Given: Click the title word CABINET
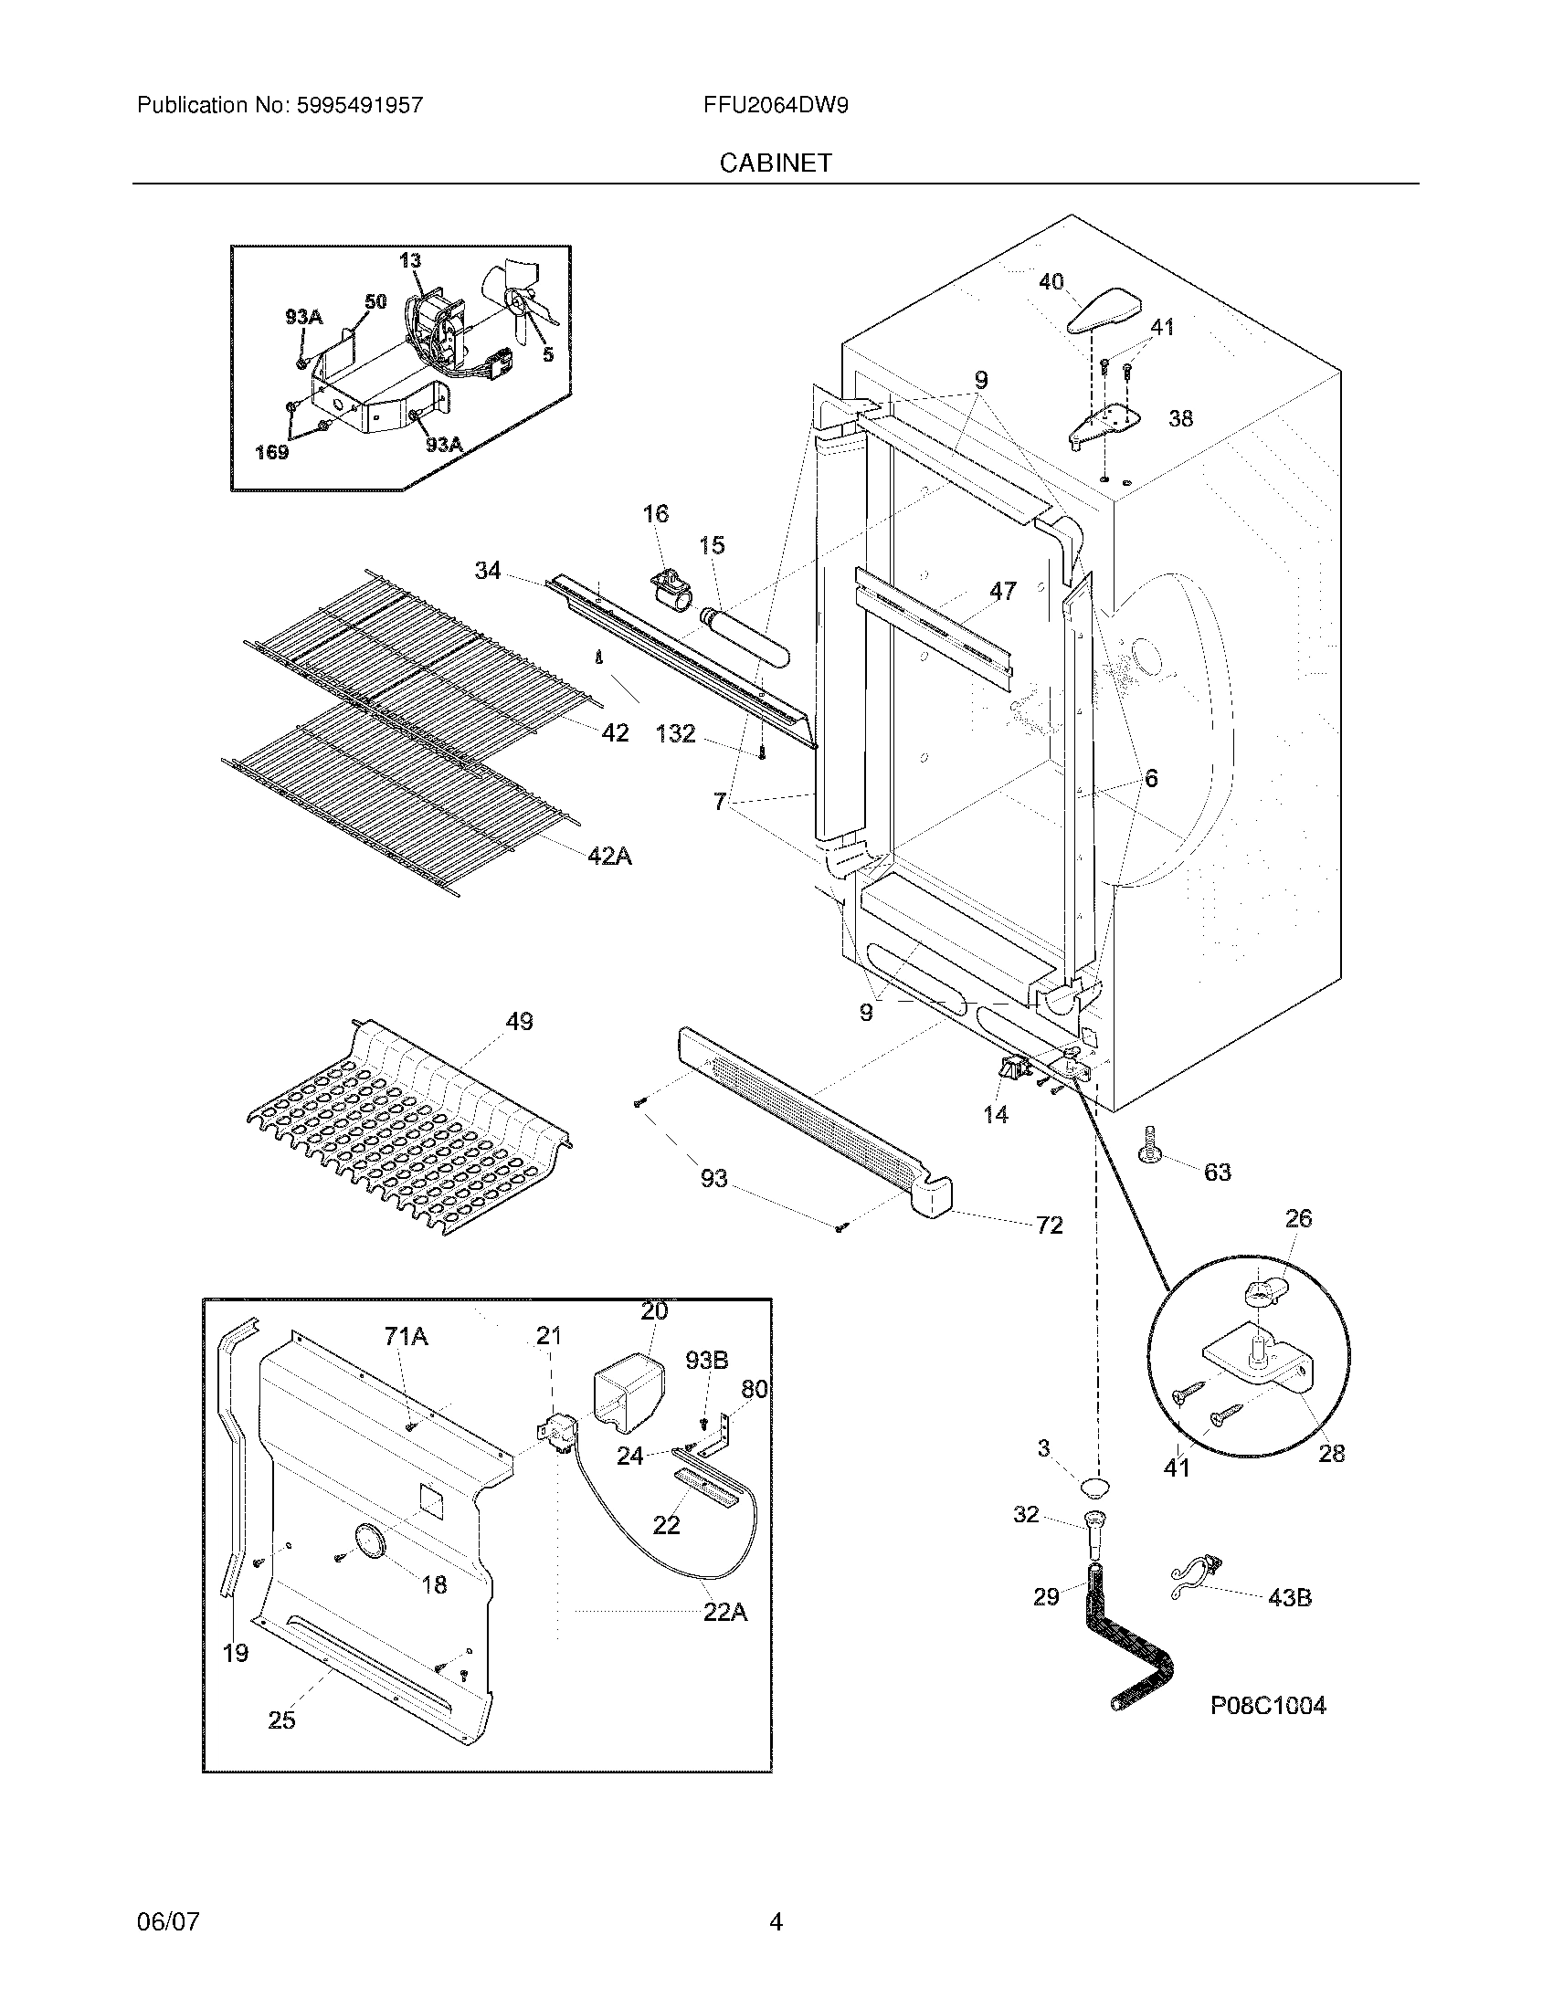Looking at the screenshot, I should coord(776,163).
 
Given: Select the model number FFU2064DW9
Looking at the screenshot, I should coord(776,105).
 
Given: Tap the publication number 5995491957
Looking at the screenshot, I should coord(360,105).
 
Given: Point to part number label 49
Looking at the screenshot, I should coord(519,1021).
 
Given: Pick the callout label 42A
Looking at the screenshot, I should coord(609,856).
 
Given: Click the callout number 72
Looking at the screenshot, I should coord(1049,1225).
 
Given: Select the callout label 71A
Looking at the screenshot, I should coord(406,1337).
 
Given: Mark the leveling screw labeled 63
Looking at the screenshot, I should coord(1149,1146).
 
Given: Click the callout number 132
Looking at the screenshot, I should coord(675,734).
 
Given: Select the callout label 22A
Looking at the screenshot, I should coord(724,1612).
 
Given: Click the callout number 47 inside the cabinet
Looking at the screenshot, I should coord(1002,591).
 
